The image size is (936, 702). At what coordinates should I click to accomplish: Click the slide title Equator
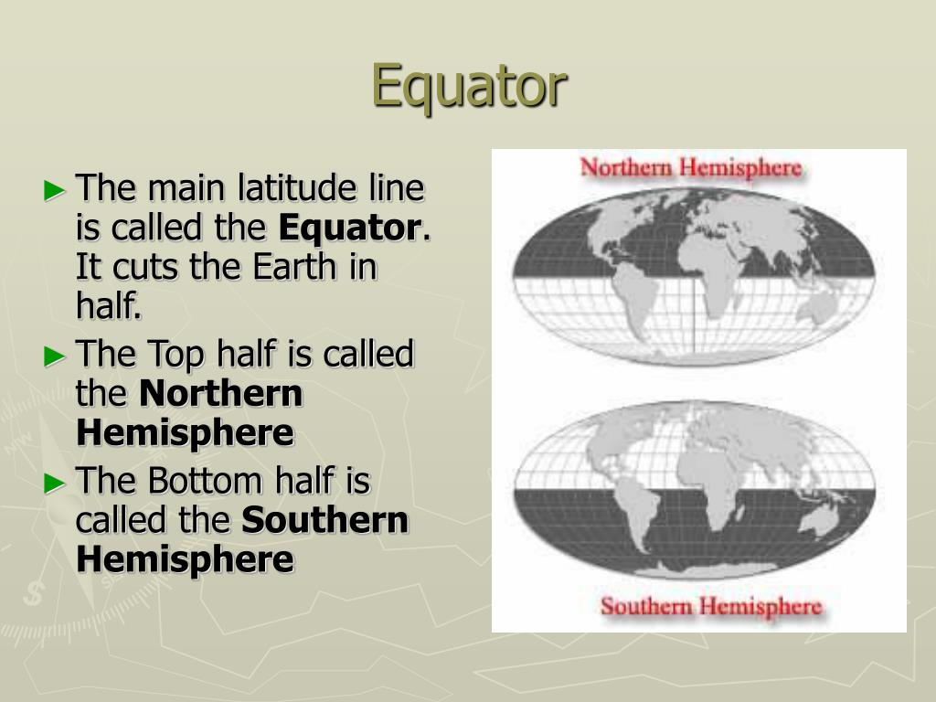point(469,86)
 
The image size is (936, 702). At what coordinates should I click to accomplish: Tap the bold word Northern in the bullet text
point(220,394)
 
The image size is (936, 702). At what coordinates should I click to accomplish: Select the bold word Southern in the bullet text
point(324,520)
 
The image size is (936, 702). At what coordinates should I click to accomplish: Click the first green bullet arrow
point(55,190)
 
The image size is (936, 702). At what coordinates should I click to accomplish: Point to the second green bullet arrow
point(55,356)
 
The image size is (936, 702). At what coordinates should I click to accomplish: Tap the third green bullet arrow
point(55,482)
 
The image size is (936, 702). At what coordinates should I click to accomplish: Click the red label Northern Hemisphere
point(691,168)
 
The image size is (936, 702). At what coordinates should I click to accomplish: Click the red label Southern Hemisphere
point(711,606)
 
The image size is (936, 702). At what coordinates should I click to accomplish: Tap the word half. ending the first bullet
point(109,308)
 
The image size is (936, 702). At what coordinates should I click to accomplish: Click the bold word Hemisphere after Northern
point(185,433)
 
